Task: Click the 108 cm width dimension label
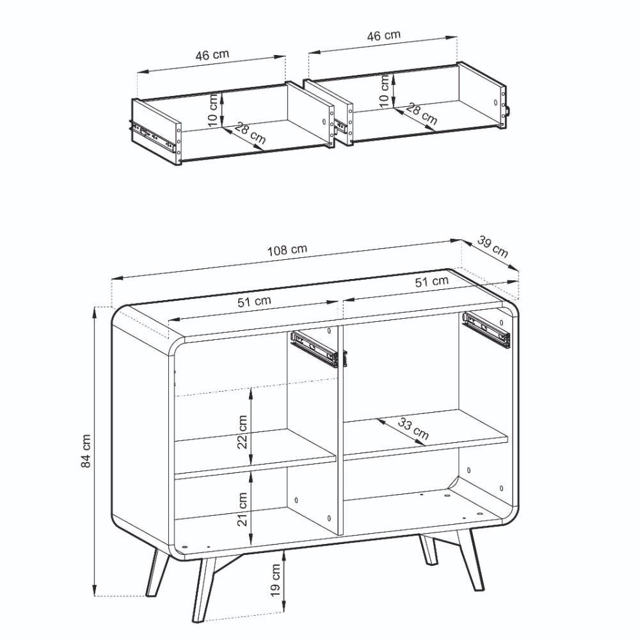[x=287, y=250]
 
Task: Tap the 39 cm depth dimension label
[x=493, y=247]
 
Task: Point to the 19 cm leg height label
[x=276, y=580]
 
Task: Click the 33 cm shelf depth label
[x=413, y=429]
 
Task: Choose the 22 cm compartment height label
[x=243, y=432]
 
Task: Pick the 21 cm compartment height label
[x=243, y=509]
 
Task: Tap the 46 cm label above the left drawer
[x=212, y=54]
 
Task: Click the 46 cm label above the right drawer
[x=383, y=35]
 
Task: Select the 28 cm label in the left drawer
[x=250, y=134]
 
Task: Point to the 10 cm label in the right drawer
[x=385, y=91]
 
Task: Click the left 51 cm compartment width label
[x=254, y=301]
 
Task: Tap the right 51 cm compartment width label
[x=432, y=281]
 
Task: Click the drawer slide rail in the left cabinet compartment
[x=314, y=349]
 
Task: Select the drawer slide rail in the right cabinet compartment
[x=486, y=330]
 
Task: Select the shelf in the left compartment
[x=255, y=453]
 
